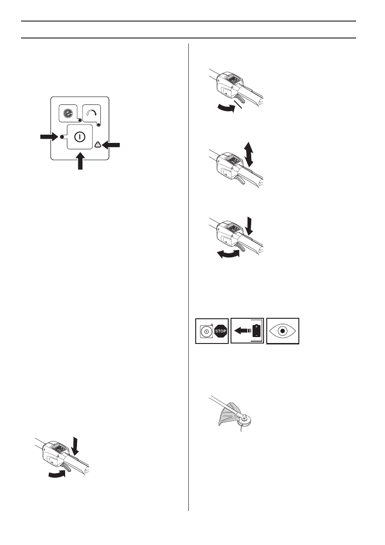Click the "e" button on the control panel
pos(70,113)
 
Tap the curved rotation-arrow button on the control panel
pos(92,113)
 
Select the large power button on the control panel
pos(80,136)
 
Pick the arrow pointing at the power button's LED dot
pos(49,136)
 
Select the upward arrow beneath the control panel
pos(80,161)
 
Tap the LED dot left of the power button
pos(62,136)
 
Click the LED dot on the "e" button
pos(79,120)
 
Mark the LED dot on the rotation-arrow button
pos(99,125)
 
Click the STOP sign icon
pos(220,331)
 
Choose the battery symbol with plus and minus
pos(256,331)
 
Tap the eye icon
pos(283,331)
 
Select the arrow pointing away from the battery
pos(243,331)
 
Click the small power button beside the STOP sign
pos(206,331)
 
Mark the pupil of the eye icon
pos(283,331)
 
